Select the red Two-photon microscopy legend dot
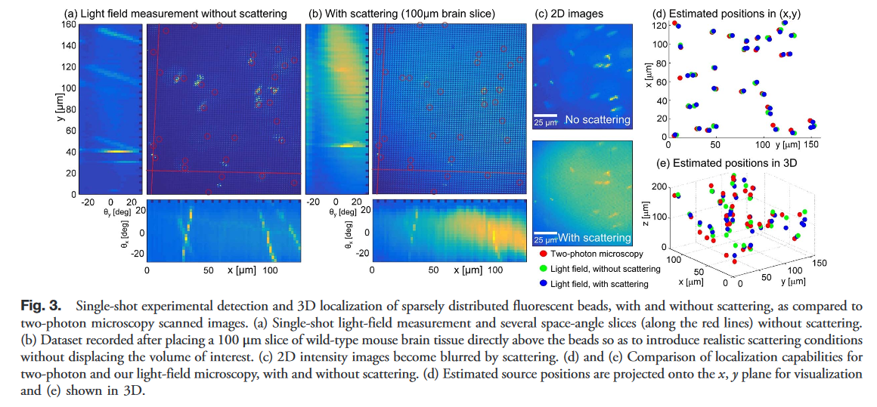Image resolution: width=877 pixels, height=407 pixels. [x=544, y=254]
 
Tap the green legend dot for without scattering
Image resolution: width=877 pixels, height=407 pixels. [x=544, y=268]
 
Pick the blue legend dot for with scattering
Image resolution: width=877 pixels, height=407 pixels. [x=544, y=283]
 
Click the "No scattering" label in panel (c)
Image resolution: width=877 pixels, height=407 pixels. [x=597, y=119]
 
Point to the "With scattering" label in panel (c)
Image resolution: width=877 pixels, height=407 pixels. [x=594, y=238]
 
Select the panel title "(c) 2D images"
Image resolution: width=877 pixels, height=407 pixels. [x=569, y=13]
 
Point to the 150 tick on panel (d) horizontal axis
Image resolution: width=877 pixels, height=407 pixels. [x=811, y=143]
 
